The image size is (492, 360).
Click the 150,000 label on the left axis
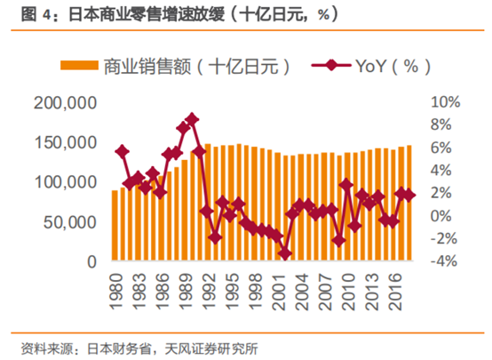pos(67,142)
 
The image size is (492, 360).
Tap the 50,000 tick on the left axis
pos(72,221)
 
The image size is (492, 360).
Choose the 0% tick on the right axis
pos(441,215)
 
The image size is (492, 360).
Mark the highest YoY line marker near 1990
pos(192,119)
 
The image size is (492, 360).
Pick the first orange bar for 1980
pos(115,226)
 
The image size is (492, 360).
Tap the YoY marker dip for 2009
pos(338,240)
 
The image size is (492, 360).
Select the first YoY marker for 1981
pos(122,152)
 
